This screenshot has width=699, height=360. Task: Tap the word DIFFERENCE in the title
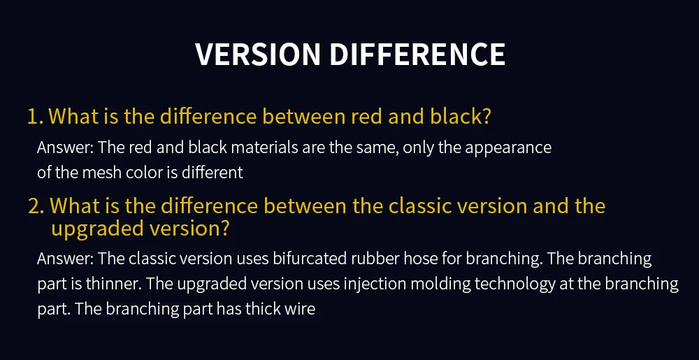[417, 55]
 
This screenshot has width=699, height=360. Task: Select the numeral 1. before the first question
[35, 117]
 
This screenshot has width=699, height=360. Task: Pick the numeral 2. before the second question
[36, 206]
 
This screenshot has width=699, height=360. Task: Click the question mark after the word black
[487, 116]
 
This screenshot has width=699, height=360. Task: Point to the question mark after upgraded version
[225, 228]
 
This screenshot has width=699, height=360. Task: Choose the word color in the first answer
[134, 172]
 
